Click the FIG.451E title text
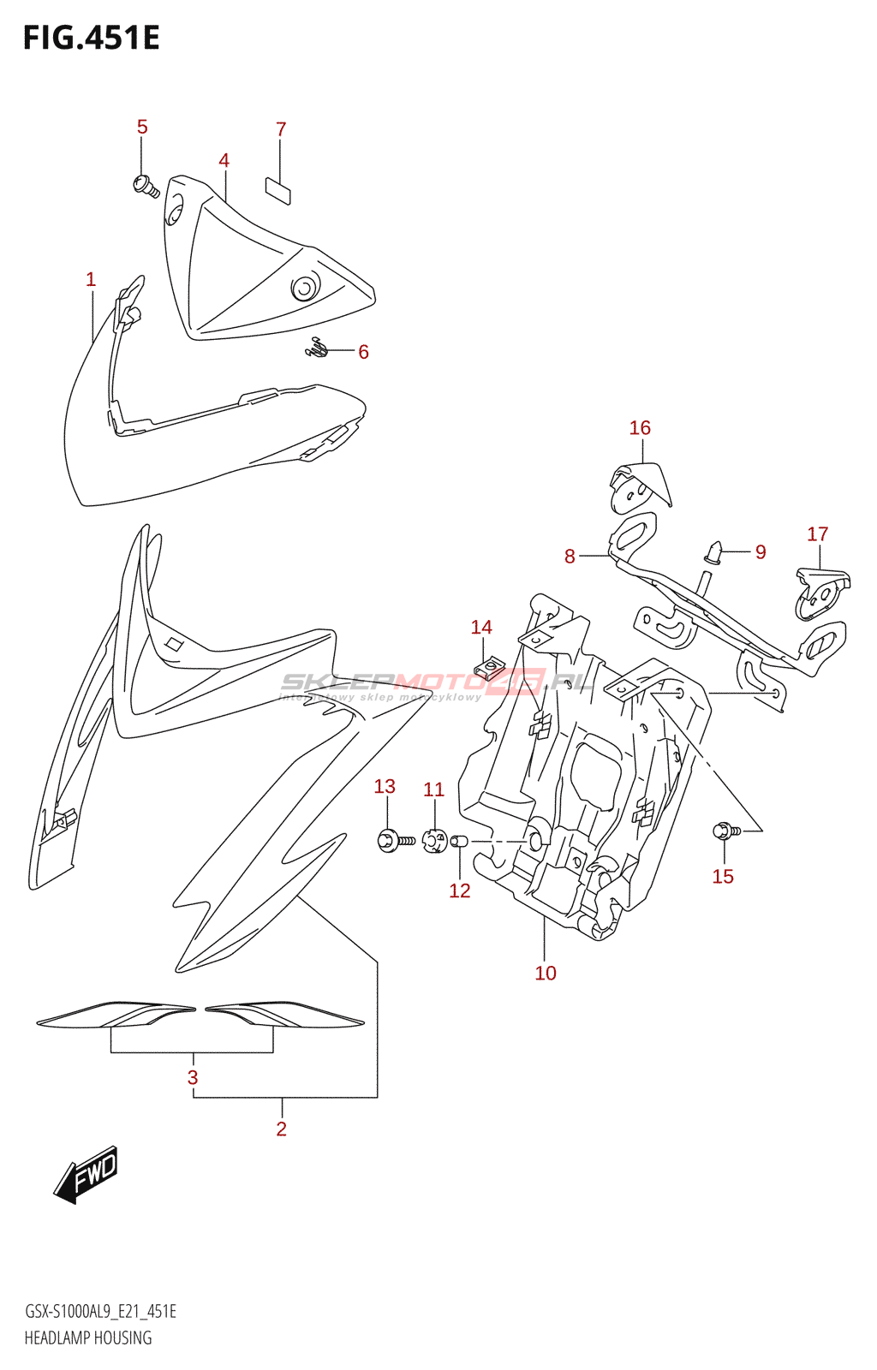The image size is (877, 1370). (x=91, y=39)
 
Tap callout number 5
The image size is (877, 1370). (x=142, y=128)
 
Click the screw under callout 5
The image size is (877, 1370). (x=146, y=185)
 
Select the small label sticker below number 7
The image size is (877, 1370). (x=277, y=191)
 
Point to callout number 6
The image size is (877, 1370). (x=363, y=352)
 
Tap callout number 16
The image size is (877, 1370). (x=640, y=428)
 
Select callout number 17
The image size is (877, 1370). (x=817, y=534)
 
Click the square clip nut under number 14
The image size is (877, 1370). (x=489, y=668)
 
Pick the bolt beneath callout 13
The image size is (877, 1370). (x=395, y=841)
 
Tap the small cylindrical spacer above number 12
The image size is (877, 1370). (x=460, y=842)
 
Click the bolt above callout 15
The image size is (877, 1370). (x=725, y=830)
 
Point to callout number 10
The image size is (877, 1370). (x=546, y=974)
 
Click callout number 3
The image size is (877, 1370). (x=193, y=1078)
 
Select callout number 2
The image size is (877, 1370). (x=281, y=1129)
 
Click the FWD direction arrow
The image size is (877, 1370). (x=86, y=1174)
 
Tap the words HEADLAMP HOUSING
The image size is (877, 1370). (x=88, y=1338)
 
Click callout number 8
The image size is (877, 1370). (x=570, y=557)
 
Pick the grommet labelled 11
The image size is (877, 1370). (x=435, y=841)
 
